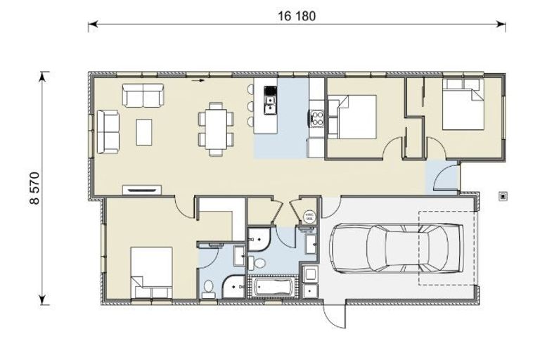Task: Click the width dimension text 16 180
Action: [x=296, y=15]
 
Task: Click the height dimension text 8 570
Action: [x=34, y=188]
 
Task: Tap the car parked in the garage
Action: [x=395, y=247]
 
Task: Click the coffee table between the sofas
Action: [x=143, y=131]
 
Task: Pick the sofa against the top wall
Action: [x=142, y=95]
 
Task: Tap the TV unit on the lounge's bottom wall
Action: [x=141, y=188]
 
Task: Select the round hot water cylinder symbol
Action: [x=309, y=217]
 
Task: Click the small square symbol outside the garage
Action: [x=502, y=196]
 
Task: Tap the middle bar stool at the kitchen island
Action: [x=250, y=105]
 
